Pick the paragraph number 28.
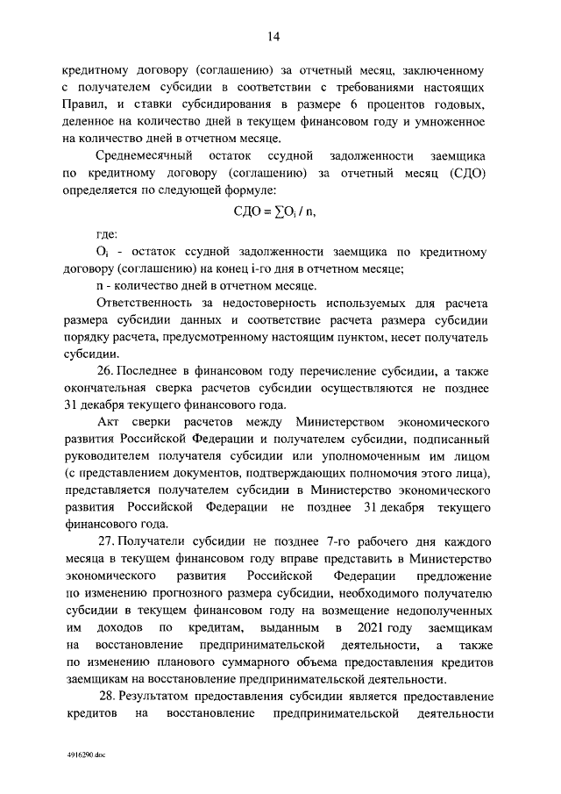tap(109, 697)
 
